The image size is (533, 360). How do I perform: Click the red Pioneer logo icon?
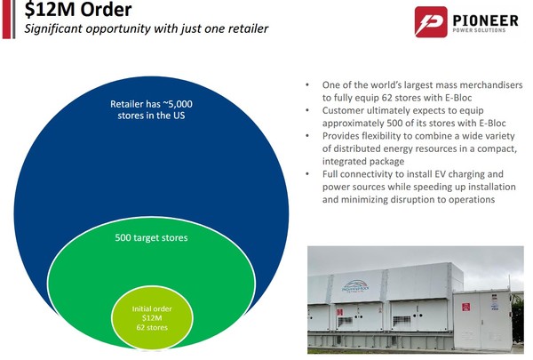coord(431,21)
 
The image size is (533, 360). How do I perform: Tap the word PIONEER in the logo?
coord(485,20)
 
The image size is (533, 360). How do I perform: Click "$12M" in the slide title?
coord(50,9)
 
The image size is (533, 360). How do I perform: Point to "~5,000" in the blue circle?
coord(178,104)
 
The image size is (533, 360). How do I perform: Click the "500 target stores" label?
coord(151,237)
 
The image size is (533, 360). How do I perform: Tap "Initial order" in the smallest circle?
coord(152,309)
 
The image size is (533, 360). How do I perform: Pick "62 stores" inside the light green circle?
coord(152,328)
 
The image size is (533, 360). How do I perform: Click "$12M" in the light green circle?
coord(152,318)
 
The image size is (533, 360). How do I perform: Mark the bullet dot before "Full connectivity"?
coord(307,174)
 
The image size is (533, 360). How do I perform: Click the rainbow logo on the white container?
coord(355,285)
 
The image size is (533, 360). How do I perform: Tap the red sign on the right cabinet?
coord(465,307)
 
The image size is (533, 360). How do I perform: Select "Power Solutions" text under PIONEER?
coord(479,30)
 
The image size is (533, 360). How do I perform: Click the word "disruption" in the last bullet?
coord(414,199)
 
